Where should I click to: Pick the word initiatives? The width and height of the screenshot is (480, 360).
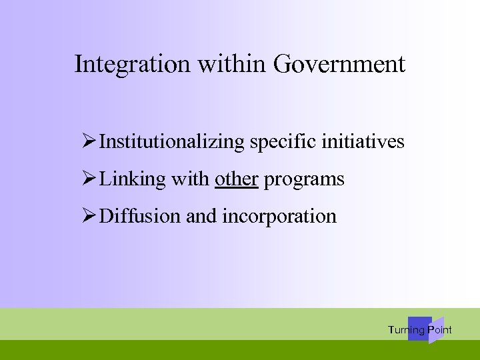click(x=364, y=142)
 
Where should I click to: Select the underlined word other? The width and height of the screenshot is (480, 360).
click(x=237, y=179)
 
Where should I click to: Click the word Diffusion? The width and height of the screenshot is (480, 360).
click(x=135, y=217)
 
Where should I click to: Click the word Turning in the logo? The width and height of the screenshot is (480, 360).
click(x=406, y=330)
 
